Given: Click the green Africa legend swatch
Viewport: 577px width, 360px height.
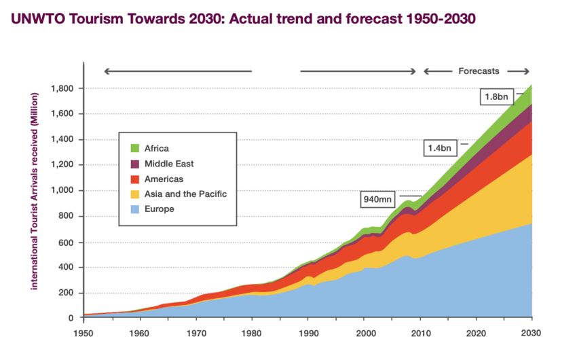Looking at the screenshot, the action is tap(135, 148).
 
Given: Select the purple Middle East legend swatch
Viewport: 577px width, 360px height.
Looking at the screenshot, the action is tap(135, 164).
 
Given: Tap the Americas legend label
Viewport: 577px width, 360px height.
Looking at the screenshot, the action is tap(164, 179).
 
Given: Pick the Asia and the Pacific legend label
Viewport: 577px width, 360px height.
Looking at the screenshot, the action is tap(185, 194).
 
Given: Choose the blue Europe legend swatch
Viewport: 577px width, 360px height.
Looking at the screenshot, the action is tap(135, 209).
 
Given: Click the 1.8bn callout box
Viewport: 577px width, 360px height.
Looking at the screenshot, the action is tap(496, 97).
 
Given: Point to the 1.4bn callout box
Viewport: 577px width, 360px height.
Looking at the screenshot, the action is tap(440, 148).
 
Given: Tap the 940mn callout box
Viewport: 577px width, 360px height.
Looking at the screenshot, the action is tap(377, 199).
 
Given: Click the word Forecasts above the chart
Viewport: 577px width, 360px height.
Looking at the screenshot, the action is tap(479, 71).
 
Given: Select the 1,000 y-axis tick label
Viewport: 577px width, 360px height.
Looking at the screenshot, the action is tap(62, 190).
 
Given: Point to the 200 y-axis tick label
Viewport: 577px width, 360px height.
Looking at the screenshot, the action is tap(66, 293).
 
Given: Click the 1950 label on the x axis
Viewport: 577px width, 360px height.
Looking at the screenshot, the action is tap(83, 334).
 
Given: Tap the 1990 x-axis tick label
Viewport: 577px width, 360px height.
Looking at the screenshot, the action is tap(308, 334).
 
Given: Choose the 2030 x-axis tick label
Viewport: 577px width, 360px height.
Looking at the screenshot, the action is tap(531, 333).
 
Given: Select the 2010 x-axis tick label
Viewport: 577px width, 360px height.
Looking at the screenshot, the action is tap(421, 334).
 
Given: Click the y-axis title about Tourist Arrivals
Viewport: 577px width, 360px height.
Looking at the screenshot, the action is tap(34, 191).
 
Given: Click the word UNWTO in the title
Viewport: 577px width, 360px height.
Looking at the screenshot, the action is tap(37, 18).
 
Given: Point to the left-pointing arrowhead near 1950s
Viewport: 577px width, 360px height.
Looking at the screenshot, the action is tap(107, 71).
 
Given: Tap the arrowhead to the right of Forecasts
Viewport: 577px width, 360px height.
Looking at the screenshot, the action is tap(526, 71).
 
